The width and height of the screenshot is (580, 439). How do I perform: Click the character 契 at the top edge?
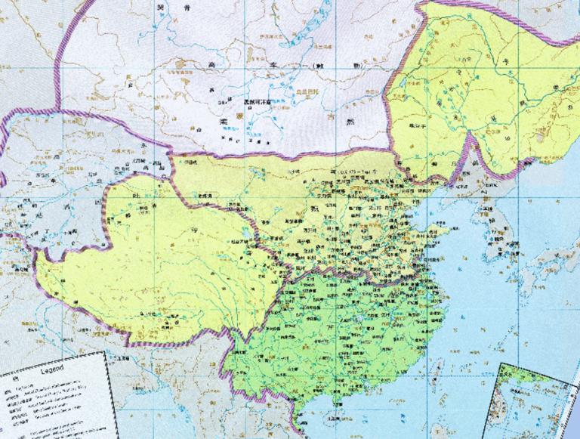pyautogui.click(x=158, y=6)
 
